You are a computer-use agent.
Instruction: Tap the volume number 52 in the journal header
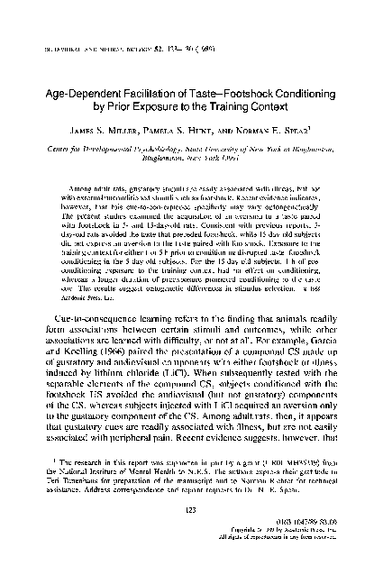click(159, 23)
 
